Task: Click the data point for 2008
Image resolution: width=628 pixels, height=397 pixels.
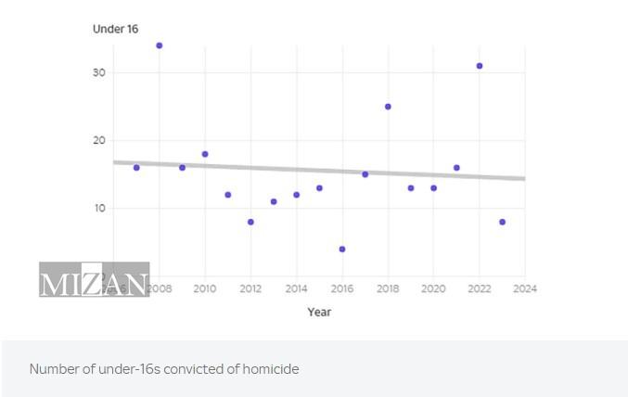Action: (x=159, y=45)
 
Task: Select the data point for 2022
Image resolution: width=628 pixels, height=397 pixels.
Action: (x=480, y=66)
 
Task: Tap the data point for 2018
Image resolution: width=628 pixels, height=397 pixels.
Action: (x=388, y=107)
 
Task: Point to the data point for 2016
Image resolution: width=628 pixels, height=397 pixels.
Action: (x=342, y=250)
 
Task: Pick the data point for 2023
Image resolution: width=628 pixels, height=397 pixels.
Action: (x=502, y=222)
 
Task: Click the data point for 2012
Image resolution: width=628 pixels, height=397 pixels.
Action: (x=250, y=222)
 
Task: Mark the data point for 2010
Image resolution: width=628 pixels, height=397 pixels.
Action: (x=205, y=154)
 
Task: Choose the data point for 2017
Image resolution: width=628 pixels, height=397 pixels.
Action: (x=365, y=174)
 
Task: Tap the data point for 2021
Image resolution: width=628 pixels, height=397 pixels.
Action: (x=456, y=168)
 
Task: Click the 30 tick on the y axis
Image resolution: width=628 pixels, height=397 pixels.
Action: (x=98, y=73)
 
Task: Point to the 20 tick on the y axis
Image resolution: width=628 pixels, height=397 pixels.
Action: (x=98, y=141)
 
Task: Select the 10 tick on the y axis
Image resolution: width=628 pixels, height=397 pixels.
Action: (x=98, y=209)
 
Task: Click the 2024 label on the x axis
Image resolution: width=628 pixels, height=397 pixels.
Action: (x=525, y=288)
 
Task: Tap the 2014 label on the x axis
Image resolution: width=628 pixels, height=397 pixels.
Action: (x=296, y=288)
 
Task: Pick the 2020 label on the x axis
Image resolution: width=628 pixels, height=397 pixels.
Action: (x=433, y=288)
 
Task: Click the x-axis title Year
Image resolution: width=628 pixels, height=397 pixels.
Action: (x=319, y=312)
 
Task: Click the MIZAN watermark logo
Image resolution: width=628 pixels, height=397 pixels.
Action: (x=94, y=279)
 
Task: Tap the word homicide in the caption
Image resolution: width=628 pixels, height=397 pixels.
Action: (x=271, y=369)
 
